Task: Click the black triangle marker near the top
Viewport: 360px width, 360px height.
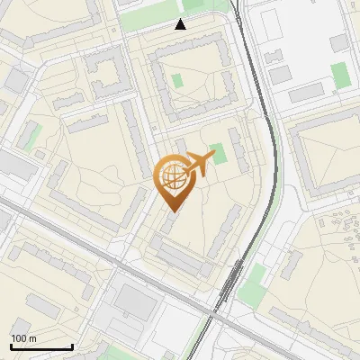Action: (181, 24)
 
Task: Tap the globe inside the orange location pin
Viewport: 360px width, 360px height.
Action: (172, 178)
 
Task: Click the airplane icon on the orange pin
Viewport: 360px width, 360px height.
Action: (199, 163)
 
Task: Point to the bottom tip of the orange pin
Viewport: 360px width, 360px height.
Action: (172, 211)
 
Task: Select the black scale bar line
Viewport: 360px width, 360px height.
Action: (41, 346)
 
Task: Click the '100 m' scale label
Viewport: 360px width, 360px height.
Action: (23, 337)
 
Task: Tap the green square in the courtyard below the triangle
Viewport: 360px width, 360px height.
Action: (177, 81)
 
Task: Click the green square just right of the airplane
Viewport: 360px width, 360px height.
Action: (218, 154)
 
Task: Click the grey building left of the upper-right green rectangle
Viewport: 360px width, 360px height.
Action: (307, 93)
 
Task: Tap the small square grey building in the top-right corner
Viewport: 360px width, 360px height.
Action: (338, 43)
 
